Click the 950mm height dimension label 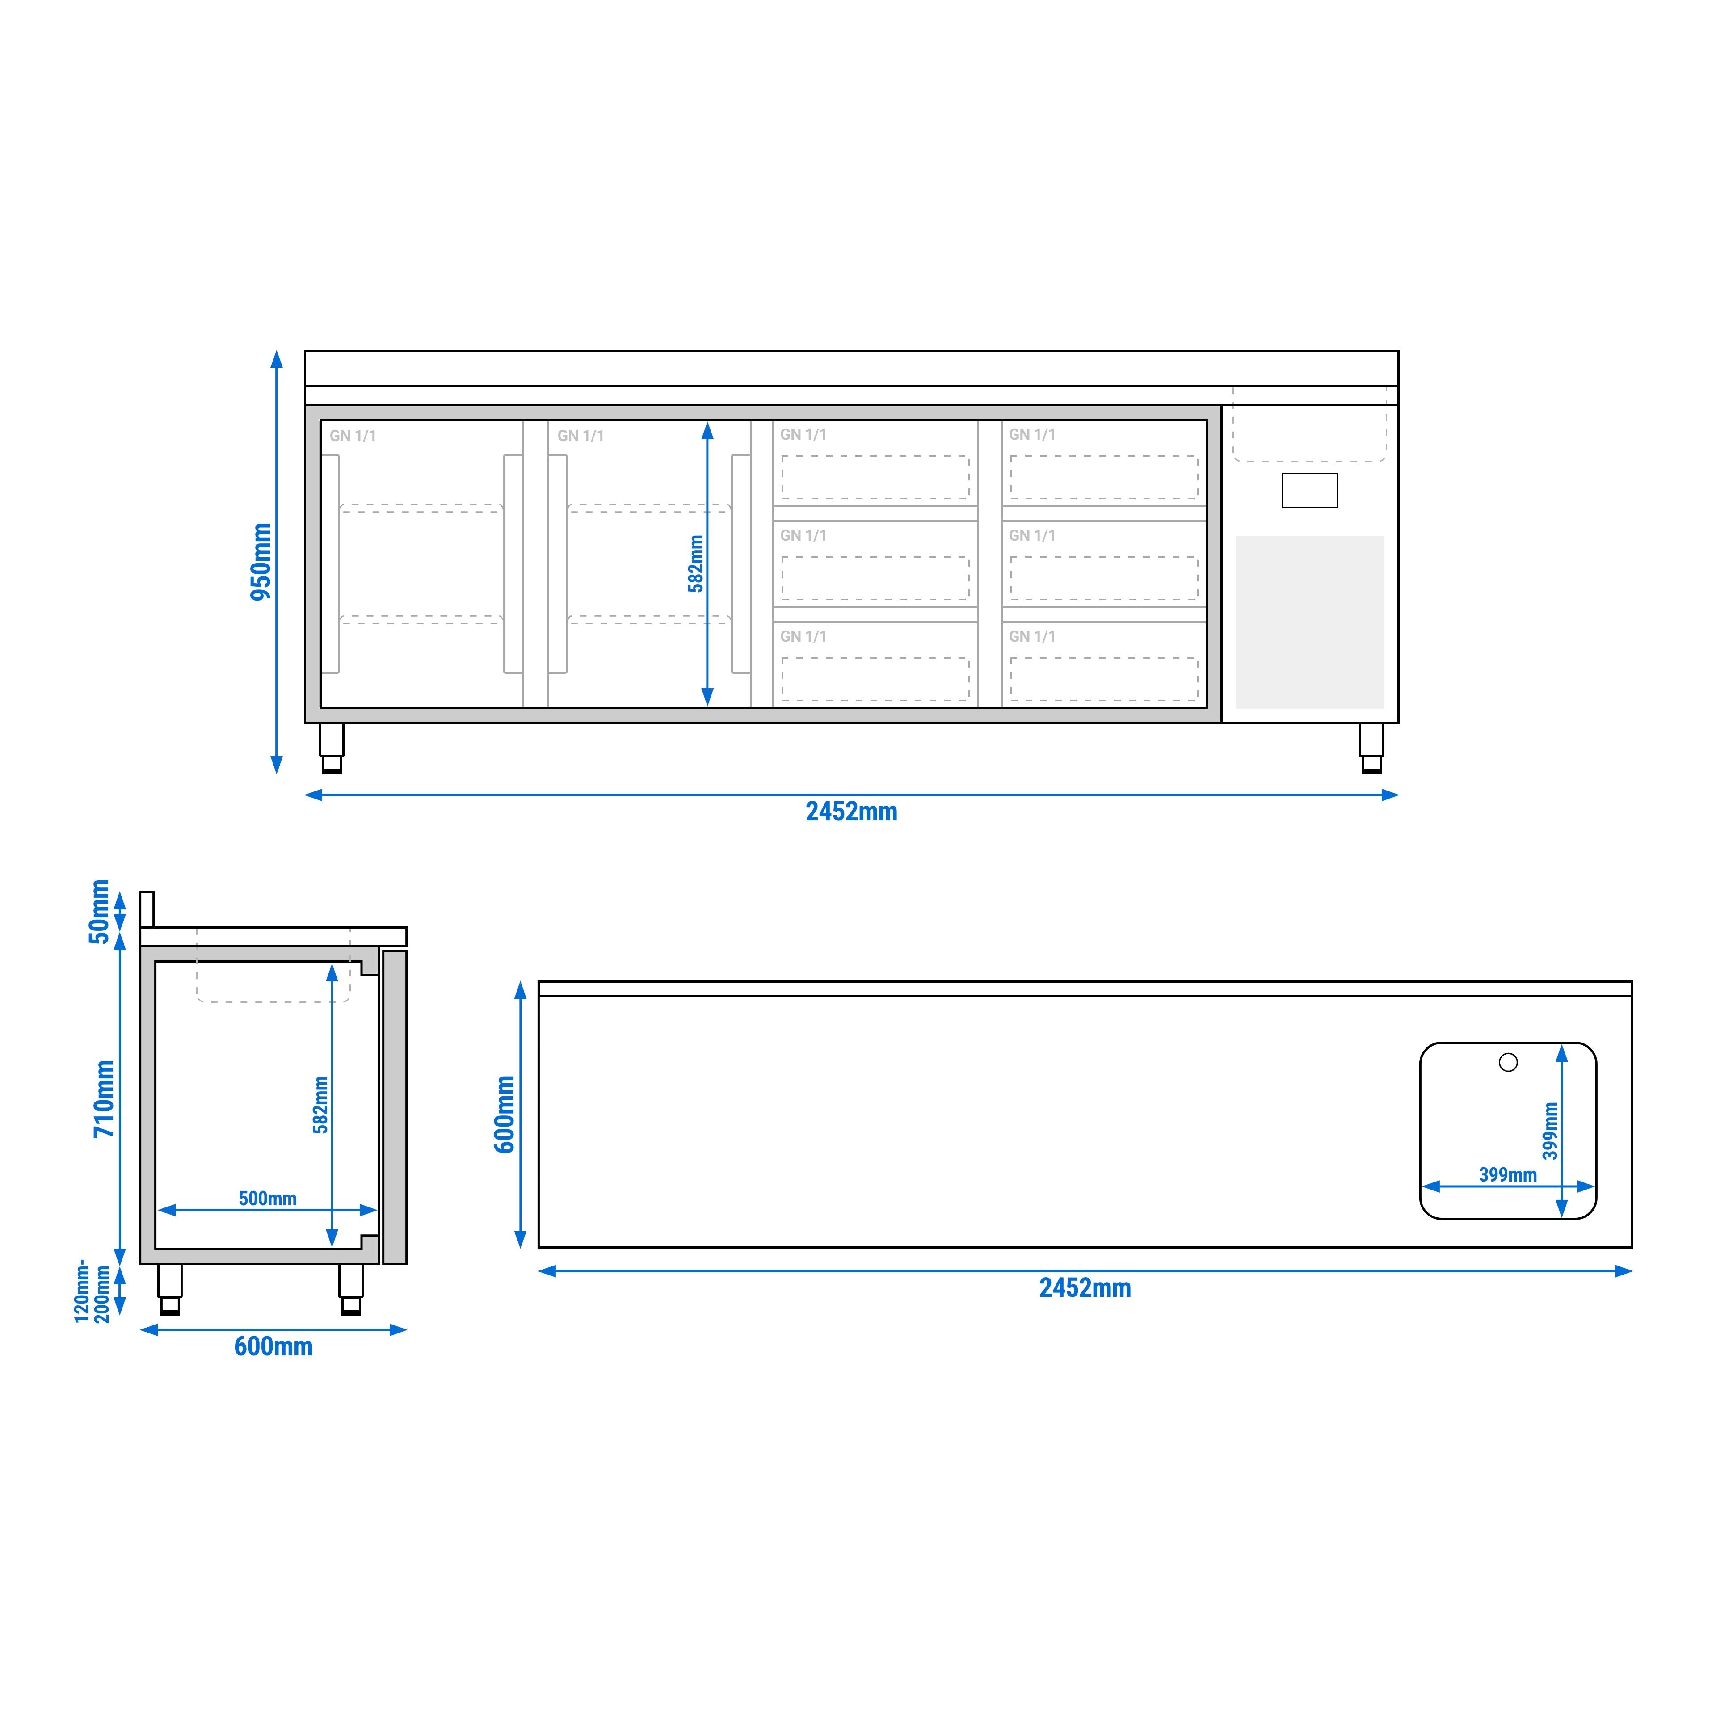(261, 562)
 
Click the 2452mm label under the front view (851, 812)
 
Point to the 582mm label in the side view (321, 1105)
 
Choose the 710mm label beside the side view (105, 1099)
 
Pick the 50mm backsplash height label (99, 912)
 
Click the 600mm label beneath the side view (273, 1347)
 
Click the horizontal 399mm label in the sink (1507, 1175)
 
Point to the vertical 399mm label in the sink (1550, 1131)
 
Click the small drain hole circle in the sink (1508, 1062)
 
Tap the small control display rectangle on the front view (1310, 490)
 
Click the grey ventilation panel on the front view (1310, 622)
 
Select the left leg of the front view (332, 749)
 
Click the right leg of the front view (1371, 749)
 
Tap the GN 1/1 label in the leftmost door (353, 436)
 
